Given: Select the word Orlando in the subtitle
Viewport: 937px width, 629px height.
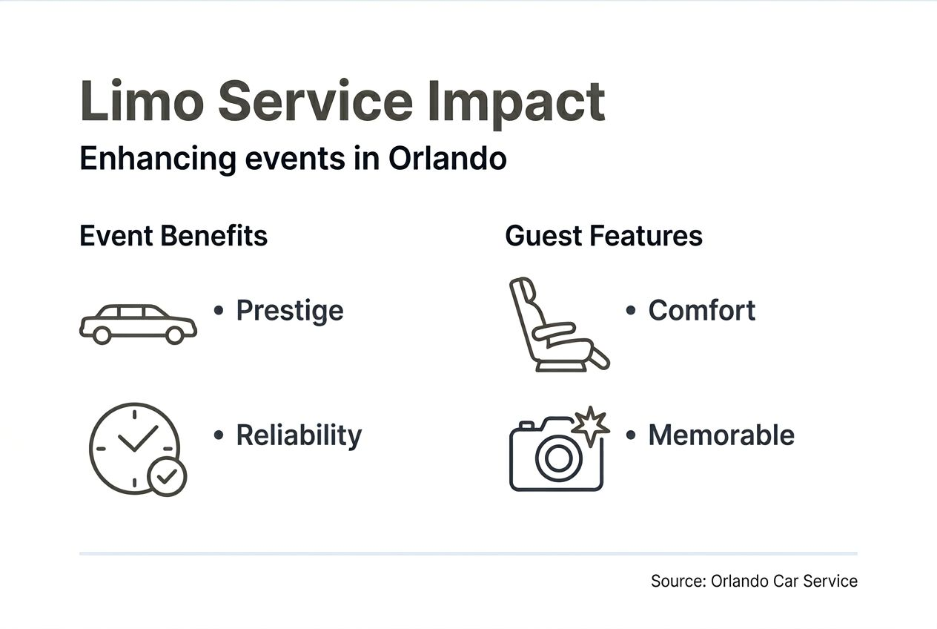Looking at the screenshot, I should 447,159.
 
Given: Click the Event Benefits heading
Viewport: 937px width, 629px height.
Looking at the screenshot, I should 173,236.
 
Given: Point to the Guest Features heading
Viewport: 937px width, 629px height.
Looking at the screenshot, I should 603,236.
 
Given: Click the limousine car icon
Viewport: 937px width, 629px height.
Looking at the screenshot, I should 138,323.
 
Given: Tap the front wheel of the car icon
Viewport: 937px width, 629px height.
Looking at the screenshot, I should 174,335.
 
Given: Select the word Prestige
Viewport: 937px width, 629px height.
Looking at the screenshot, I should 290,310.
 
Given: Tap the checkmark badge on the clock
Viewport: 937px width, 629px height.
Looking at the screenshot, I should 168,476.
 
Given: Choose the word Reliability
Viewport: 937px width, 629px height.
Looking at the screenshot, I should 299,435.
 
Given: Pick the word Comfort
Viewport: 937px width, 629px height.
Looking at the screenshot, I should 702,310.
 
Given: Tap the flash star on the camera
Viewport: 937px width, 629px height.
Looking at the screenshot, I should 591,425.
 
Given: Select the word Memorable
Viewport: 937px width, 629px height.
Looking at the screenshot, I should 721,435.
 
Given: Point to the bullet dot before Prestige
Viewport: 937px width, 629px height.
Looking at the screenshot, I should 219,310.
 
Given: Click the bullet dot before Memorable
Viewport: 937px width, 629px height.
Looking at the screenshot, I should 631,435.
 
